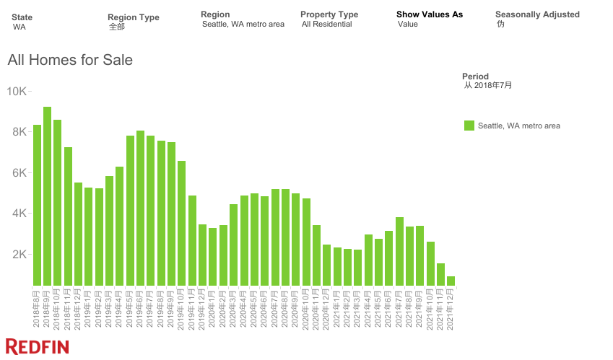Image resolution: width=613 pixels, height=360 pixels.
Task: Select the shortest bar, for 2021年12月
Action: coord(451,281)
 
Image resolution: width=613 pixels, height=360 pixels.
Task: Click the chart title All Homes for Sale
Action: coord(70,60)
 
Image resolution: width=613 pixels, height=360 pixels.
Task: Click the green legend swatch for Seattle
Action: coord(469,126)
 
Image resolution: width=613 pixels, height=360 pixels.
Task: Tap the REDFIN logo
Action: coord(38,346)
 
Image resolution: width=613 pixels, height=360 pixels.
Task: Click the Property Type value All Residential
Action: coord(327,24)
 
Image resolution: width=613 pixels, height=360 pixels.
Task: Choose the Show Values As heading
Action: coord(430,14)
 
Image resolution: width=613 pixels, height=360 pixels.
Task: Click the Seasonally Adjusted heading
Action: coord(537,14)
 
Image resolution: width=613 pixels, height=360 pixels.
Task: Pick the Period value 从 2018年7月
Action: coord(488,85)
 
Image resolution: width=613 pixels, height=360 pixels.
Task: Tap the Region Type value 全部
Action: coord(117,27)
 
